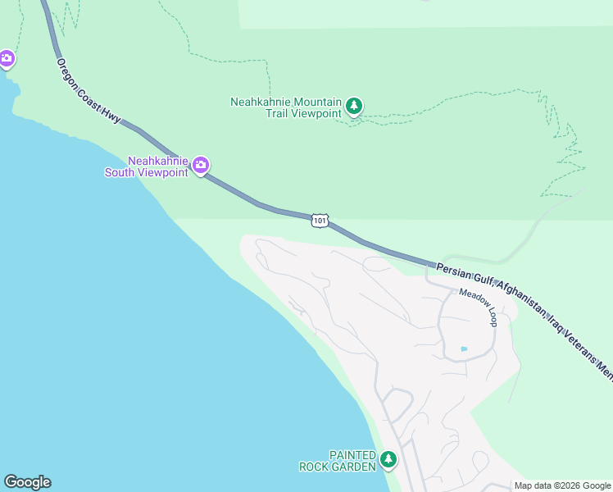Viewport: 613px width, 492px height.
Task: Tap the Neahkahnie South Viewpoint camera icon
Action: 201,166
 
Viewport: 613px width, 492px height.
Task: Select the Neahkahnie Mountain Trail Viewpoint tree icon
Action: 354,106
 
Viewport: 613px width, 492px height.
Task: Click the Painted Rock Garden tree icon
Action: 388,460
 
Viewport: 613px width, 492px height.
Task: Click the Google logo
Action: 27,482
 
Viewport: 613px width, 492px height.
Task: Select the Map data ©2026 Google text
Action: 563,485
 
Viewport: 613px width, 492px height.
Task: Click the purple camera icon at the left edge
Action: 7,58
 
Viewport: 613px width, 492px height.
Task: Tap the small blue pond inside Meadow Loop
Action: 464,349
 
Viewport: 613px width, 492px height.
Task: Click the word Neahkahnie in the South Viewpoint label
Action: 158,161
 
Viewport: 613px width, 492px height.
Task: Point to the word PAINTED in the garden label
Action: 352,455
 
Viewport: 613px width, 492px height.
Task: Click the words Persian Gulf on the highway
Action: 462,272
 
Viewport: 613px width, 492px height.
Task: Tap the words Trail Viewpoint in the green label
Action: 302,113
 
